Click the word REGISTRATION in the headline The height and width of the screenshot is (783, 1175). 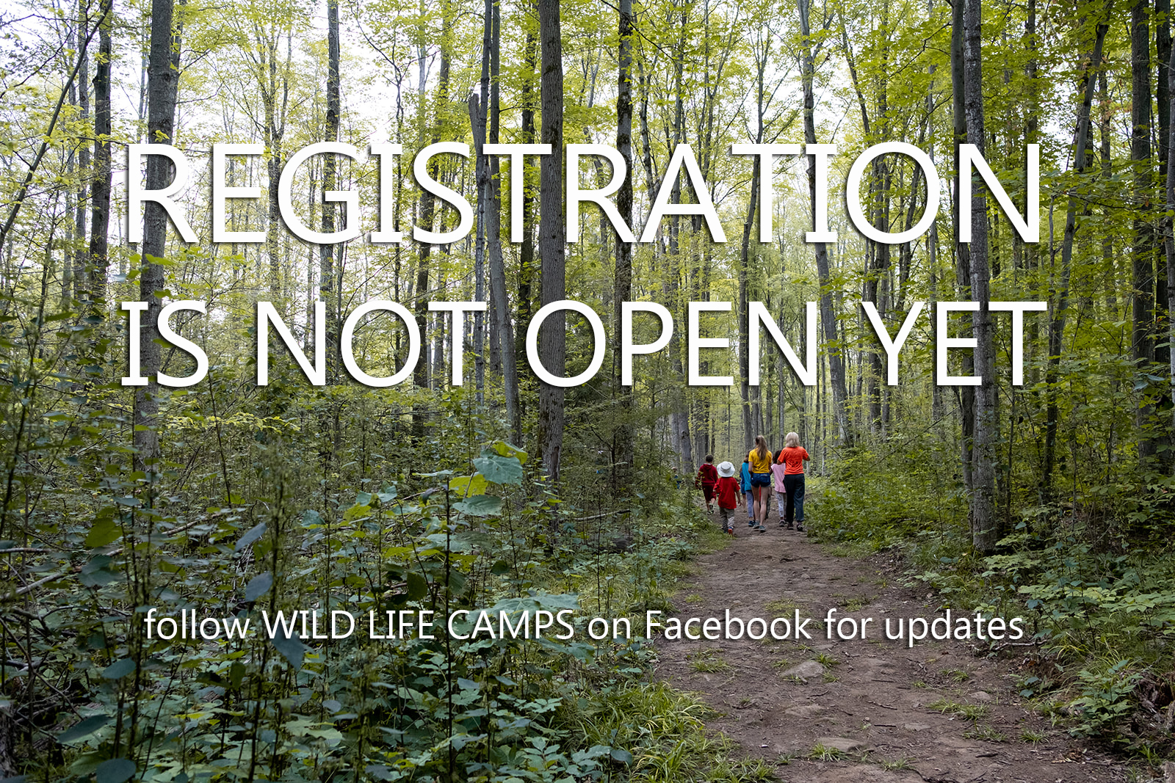click(x=582, y=193)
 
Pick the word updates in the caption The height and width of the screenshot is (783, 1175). click(x=954, y=626)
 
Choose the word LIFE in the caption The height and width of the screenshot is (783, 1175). click(x=401, y=624)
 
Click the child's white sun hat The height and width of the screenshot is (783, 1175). click(x=726, y=469)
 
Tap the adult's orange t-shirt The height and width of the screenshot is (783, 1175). click(x=793, y=460)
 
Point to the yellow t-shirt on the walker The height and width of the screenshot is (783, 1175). click(x=760, y=462)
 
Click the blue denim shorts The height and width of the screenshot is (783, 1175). click(x=760, y=479)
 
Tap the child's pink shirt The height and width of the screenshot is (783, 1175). click(x=779, y=478)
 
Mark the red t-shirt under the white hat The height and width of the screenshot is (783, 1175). click(x=726, y=492)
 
